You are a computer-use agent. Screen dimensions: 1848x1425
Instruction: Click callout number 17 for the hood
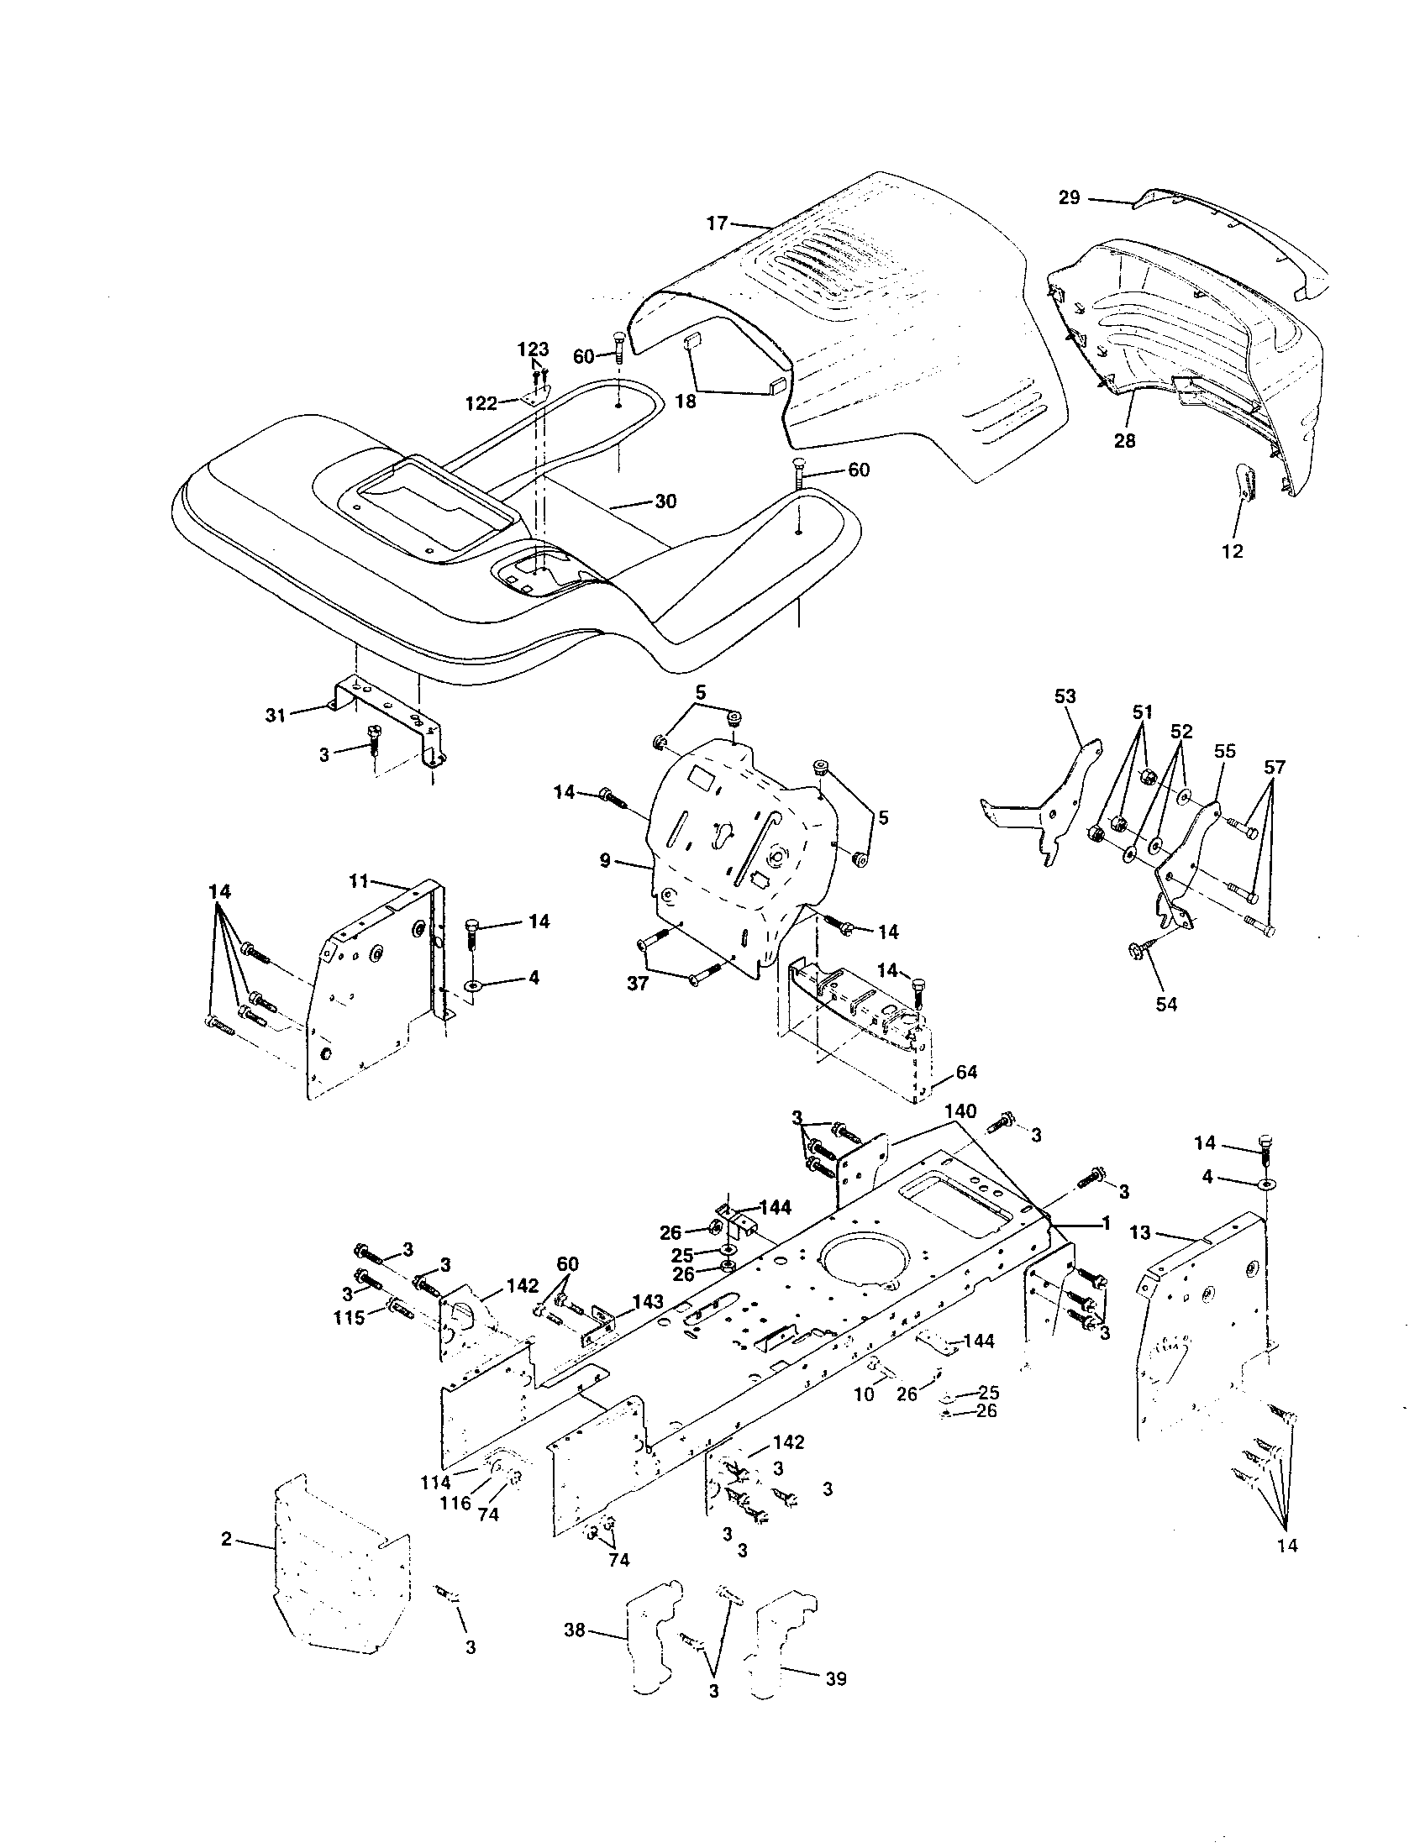coord(717,223)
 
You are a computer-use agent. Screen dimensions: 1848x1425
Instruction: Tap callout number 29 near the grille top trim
coord(1069,197)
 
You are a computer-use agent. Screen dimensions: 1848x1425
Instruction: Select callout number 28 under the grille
coord(1124,441)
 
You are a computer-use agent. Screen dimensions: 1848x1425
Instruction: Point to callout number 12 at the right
coord(1233,551)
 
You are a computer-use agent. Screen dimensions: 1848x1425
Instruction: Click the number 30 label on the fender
coord(665,501)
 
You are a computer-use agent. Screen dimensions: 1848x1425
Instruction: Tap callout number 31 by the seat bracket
coord(275,716)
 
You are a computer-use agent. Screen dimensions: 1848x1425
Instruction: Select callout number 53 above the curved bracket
coord(1065,696)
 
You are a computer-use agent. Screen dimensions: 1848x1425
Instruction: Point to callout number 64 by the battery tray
coord(965,1072)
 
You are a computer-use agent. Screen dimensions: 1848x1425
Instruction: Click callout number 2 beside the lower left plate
coord(226,1539)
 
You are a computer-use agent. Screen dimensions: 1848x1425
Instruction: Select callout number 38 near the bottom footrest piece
coord(575,1653)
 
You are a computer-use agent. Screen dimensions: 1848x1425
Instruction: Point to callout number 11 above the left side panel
coord(359,882)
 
